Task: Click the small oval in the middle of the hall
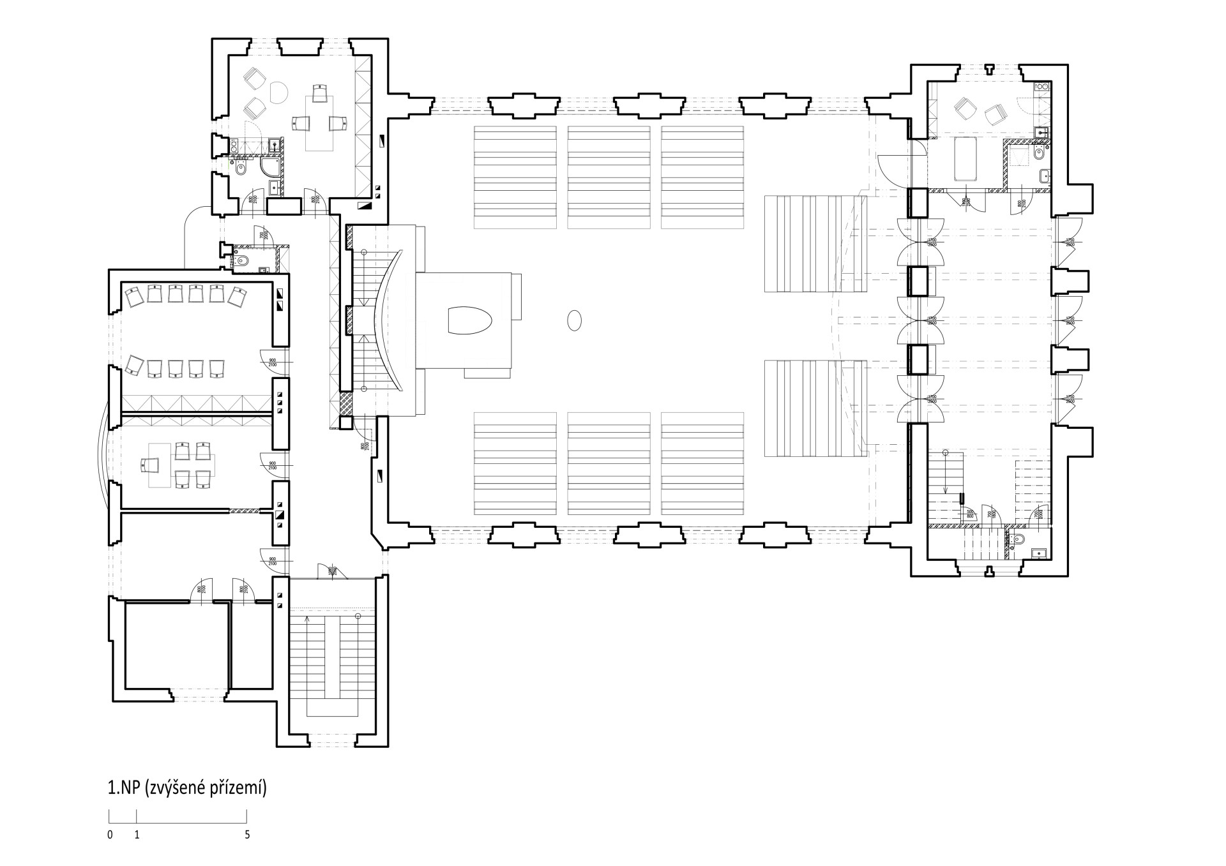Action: [x=575, y=320]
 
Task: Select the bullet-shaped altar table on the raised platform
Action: [x=470, y=320]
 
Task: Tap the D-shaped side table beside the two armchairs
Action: [x=278, y=93]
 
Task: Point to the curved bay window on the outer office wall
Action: [x=102, y=459]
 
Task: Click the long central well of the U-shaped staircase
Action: [x=331, y=657]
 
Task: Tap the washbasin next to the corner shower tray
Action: [x=274, y=187]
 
